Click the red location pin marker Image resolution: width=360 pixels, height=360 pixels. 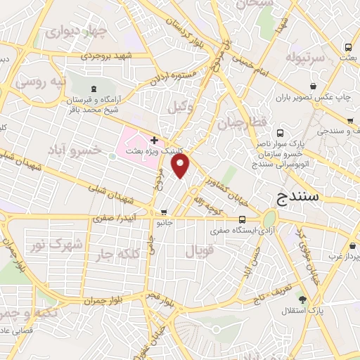pos(181,167)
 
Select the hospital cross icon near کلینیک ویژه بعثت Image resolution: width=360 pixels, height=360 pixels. pos(154,141)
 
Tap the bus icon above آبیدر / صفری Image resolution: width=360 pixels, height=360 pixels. pos(164,212)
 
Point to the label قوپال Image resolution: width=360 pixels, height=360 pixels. pos(197,250)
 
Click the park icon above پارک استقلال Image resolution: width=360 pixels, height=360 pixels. pos(302,299)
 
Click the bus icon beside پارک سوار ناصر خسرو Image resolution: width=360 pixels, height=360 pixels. pos(281,133)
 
